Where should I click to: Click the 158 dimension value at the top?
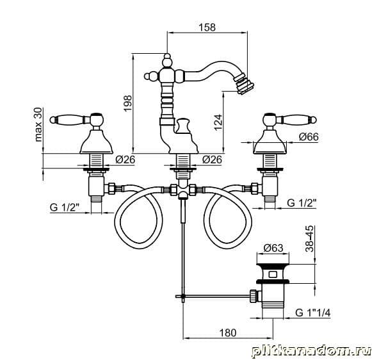click(207, 27)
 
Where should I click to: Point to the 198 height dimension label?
click(127, 103)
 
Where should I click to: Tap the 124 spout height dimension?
click(218, 122)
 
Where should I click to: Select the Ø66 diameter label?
click(309, 136)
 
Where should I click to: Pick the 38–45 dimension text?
click(309, 238)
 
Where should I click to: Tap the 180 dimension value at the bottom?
click(227, 332)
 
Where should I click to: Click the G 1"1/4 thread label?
click(312, 313)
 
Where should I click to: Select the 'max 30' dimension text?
click(38, 124)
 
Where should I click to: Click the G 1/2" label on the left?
click(64, 207)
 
